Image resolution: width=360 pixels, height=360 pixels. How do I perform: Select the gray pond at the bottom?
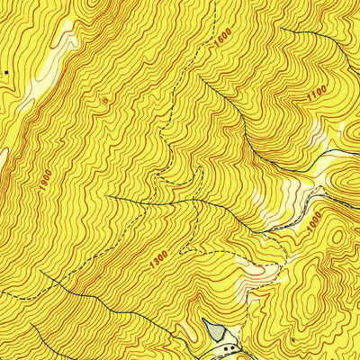point(215,333)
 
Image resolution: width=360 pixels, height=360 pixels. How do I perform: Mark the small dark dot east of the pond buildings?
point(292,341)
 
